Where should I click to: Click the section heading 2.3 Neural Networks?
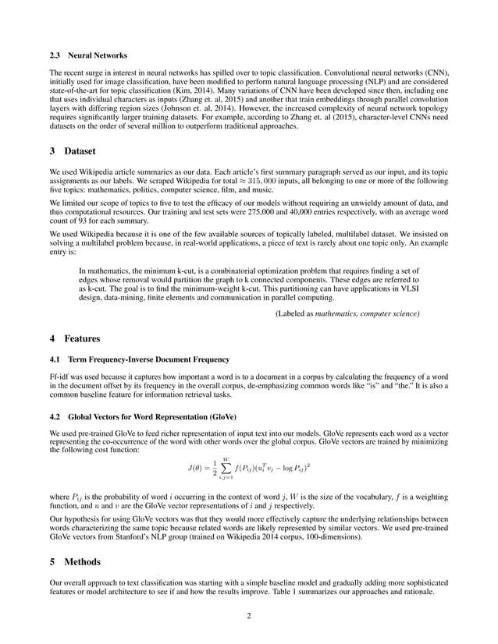click(83, 57)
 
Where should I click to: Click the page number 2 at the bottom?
click(248, 616)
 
